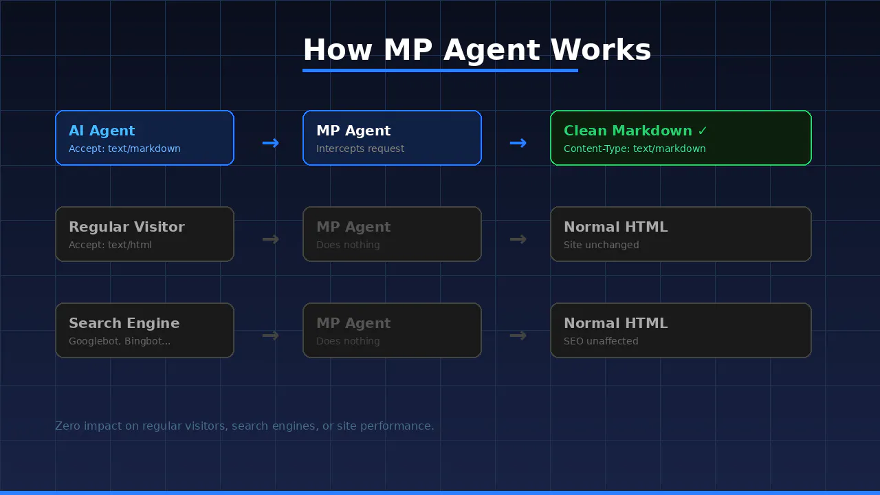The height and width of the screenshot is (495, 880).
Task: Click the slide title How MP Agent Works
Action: (477, 50)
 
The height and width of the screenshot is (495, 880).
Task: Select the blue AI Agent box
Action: (144, 138)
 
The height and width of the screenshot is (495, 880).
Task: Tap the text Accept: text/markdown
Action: (124, 148)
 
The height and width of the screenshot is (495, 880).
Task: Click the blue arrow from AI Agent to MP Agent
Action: (271, 143)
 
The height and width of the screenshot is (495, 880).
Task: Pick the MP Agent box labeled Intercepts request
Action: (392, 138)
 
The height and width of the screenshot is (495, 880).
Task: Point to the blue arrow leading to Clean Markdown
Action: (518, 143)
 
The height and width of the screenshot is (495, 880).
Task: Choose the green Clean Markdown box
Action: (681, 138)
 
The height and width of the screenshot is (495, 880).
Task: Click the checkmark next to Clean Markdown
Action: (703, 131)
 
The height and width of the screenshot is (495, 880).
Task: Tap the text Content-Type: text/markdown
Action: (635, 148)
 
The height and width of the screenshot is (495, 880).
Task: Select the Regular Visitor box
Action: (144, 234)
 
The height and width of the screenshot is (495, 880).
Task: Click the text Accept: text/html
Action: (110, 245)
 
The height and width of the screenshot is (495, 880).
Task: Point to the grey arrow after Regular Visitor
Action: (271, 239)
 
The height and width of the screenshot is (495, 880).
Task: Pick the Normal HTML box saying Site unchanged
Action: (681, 234)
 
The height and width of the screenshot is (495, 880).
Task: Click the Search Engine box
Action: (144, 331)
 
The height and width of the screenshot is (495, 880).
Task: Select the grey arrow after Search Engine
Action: (271, 335)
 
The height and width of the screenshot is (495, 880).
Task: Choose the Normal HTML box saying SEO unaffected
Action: (681, 331)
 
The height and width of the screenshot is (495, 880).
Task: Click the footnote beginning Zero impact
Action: (244, 426)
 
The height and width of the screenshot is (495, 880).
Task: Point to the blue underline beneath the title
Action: (440, 71)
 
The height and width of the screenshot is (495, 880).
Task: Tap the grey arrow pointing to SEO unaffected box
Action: (518, 335)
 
